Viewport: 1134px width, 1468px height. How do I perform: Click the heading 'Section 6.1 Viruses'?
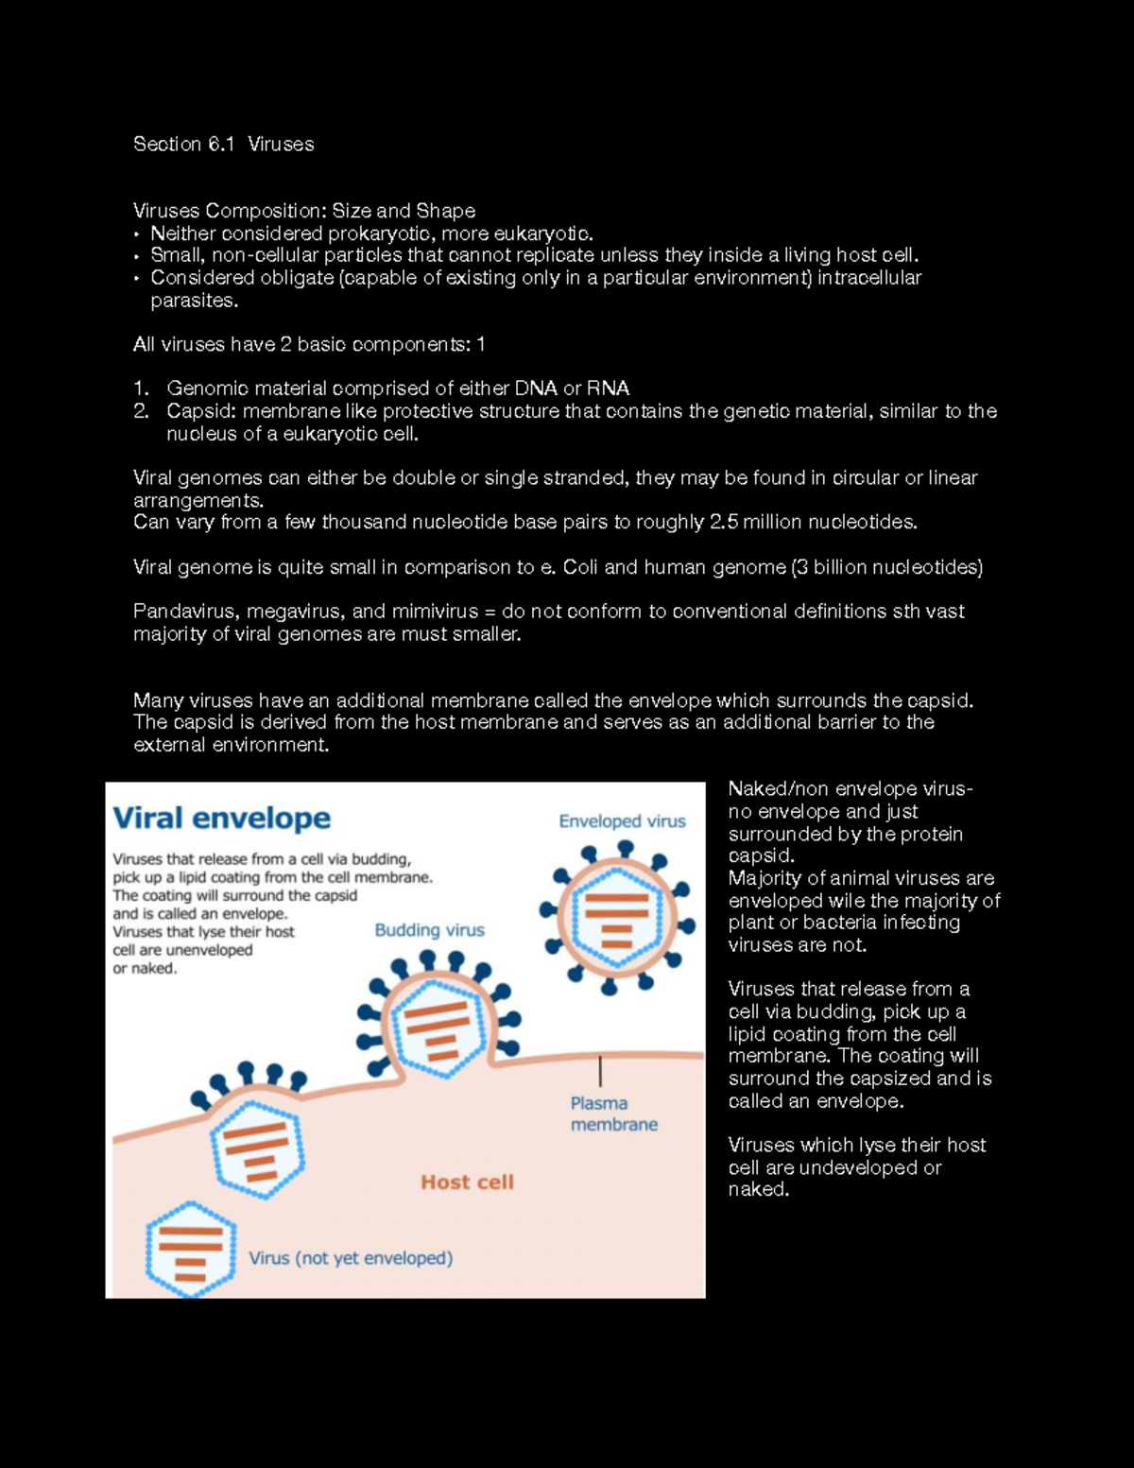coord(223,144)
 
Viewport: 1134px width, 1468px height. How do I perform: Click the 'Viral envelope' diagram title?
coord(221,818)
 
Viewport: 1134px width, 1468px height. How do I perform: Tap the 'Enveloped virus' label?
coord(622,821)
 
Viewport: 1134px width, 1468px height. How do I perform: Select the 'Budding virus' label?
coord(429,930)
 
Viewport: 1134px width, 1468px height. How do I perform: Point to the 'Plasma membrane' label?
coord(613,1114)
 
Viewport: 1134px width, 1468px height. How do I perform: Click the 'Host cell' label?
coord(467,1182)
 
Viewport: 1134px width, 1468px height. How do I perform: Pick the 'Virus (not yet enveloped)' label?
coord(351,1258)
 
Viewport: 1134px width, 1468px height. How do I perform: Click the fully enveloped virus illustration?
coord(615,915)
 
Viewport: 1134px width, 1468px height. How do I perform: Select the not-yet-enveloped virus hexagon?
coord(190,1250)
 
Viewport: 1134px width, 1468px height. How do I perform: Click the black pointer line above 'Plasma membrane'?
coord(600,1071)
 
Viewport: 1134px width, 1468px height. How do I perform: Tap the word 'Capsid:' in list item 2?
coord(200,411)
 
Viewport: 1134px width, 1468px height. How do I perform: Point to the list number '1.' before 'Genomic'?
coord(141,389)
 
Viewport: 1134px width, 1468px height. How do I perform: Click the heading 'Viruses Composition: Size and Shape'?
coord(303,211)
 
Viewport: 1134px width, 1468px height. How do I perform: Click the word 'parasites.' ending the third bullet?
coord(194,301)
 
